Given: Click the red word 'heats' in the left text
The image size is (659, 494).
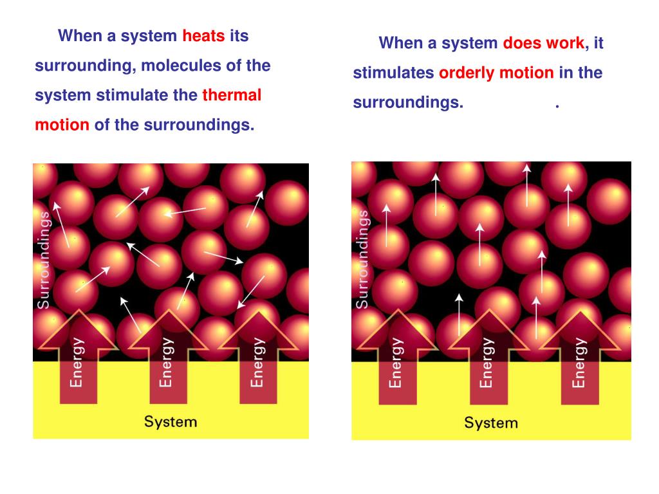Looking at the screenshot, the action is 203,36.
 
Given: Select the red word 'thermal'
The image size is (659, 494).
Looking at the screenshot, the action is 232,96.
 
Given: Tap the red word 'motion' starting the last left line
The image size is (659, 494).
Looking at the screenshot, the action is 62,125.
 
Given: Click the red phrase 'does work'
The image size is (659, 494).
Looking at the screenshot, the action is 544,44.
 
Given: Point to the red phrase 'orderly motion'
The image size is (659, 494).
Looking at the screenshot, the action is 496,73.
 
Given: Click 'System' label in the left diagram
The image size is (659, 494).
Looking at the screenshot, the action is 170,422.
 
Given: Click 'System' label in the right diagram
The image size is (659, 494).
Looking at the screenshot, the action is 491,423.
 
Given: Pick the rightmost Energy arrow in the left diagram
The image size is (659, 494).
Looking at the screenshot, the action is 257,360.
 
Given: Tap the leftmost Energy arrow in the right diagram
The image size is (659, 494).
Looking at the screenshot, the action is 396,360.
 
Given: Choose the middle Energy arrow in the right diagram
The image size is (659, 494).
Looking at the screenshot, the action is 487,360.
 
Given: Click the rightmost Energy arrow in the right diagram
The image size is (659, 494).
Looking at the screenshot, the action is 579,360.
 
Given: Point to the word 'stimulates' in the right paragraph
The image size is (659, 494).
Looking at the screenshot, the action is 393,73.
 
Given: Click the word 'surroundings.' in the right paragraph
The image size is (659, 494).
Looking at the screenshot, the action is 408,103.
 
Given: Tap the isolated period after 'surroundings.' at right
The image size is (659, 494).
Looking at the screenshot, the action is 557,105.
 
